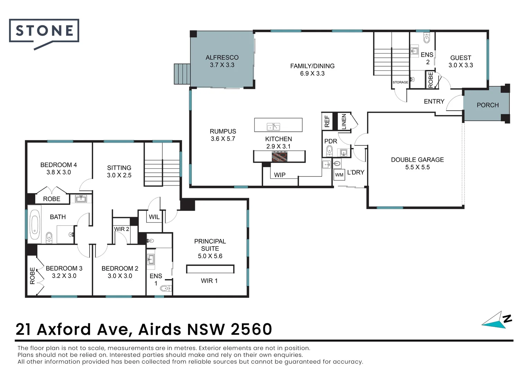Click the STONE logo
click(x=44, y=31)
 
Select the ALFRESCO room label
click(x=222, y=57)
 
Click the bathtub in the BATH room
click(x=35, y=224)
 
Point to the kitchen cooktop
click(x=279, y=157)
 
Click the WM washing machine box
click(x=339, y=175)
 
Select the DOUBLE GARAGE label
click(x=417, y=160)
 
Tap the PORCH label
click(x=487, y=105)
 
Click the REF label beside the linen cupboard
click(x=327, y=121)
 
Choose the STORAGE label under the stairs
click(x=400, y=82)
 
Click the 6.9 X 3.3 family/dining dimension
click(x=312, y=73)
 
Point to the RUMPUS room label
click(x=223, y=131)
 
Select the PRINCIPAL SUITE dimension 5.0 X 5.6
click(x=210, y=256)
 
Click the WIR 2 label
click(x=122, y=229)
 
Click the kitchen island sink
click(x=273, y=127)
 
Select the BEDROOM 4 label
click(x=59, y=165)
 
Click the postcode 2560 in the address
click(x=251, y=329)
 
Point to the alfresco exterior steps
click(x=182, y=74)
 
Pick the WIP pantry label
click(x=279, y=175)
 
